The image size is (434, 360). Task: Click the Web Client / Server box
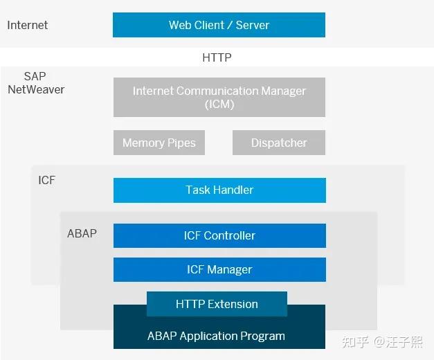pos(219,25)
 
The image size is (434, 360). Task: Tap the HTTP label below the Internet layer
pos(217,57)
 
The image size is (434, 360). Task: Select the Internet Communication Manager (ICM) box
pos(219,97)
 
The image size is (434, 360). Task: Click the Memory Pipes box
pos(159,143)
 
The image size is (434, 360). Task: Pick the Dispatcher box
pos(279,143)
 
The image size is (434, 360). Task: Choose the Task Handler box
pos(219,190)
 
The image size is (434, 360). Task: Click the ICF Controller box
pos(219,235)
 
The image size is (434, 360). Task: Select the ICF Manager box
pos(219,269)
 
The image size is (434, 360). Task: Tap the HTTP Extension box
pos(217,304)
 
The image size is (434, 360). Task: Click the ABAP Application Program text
pos(216,336)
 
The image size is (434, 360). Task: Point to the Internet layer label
pos(28,25)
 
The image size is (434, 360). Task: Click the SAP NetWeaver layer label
pos(36,82)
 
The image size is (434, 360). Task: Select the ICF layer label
pos(46,181)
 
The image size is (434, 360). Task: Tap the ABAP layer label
pos(82,233)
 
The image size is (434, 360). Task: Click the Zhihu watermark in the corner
pos(383,341)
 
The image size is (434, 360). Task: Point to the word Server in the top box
pos(252,25)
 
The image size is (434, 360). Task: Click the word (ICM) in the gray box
pos(219,105)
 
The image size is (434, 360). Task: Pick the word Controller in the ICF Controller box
pos(230,235)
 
